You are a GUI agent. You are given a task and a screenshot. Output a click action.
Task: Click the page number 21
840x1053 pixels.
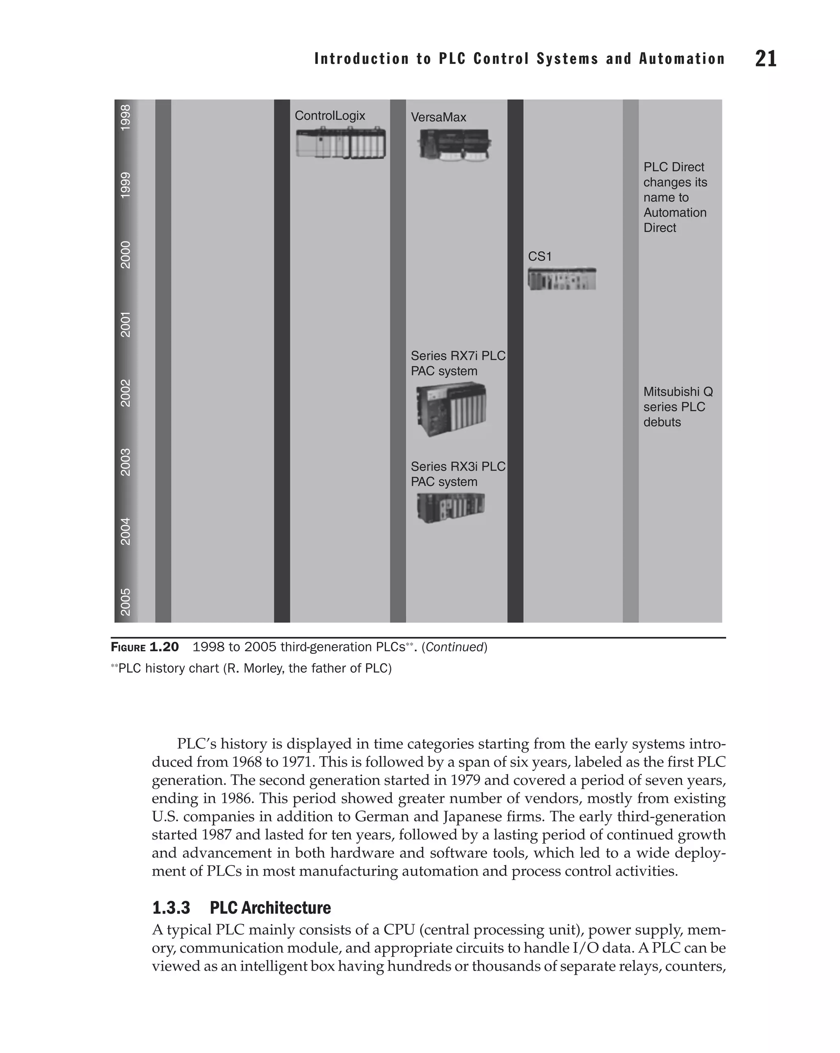pyautogui.click(x=765, y=59)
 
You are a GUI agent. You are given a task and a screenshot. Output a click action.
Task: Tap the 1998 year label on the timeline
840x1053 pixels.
pyautogui.click(x=126, y=117)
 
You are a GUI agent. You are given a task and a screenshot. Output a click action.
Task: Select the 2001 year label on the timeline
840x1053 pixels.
pyautogui.click(x=126, y=324)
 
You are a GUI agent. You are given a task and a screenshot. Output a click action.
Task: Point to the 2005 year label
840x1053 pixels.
pyautogui.click(x=126, y=602)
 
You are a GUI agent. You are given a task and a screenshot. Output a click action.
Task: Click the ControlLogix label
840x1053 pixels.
pyautogui.click(x=330, y=116)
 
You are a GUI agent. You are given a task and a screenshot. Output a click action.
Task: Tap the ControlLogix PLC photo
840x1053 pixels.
pyautogui.click(x=340, y=143)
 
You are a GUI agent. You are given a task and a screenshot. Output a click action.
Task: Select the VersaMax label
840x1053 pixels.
pyautogui.click(x=438, y=117)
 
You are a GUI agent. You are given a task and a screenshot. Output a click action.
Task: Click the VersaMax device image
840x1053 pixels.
pyautogui.click(x=454, y=145)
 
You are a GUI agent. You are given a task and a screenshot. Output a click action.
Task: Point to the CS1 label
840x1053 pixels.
pyautogui.click(x=539, y=257)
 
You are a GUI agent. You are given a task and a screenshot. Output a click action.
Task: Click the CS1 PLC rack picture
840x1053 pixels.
pyautogui.click(x=562, y=279)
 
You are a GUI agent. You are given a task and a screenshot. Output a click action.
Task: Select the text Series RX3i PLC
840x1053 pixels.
pyautogui.click(x=458, y=466)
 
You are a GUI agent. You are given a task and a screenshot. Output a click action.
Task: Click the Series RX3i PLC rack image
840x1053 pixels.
pyautogui.click(x=450, y=508)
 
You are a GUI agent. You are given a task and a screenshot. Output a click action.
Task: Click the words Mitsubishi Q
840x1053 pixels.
pyautogui.click(x=678, y=392)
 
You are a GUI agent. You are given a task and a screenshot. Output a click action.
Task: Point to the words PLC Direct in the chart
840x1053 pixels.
pyautogui.click(x=673, y=167)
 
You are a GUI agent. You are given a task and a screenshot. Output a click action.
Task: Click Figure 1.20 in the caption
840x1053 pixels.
pyautogui.click(x=145, y=647)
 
